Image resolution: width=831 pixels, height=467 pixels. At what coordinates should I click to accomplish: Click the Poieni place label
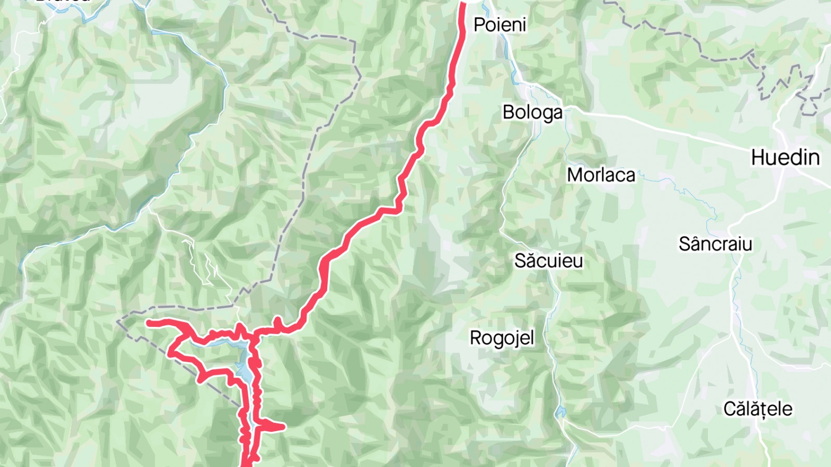500,24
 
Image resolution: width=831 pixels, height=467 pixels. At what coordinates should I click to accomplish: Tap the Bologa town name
532,112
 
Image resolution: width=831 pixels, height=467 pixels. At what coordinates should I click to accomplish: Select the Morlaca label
601,175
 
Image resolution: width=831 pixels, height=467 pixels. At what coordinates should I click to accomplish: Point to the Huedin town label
785,157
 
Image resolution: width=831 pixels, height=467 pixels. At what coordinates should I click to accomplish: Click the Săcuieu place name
548,260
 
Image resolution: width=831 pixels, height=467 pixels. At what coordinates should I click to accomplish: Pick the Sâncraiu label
715,244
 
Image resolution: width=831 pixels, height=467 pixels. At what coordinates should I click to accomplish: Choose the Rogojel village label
502,338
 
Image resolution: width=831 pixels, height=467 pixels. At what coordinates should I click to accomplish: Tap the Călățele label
758,409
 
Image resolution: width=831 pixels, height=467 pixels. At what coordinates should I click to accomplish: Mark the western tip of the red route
149,323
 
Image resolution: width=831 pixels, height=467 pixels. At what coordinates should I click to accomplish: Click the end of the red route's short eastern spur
283,427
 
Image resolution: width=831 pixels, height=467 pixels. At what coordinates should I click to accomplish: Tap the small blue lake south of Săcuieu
560,413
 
